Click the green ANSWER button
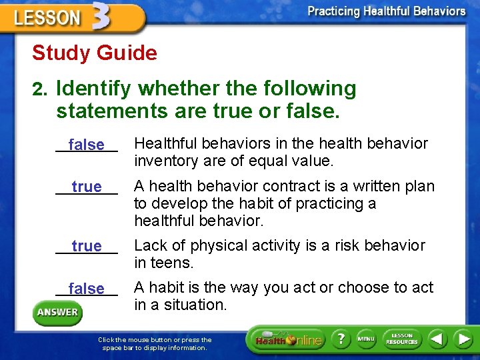click(x=57, y=313)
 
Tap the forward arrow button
click(x=462, y=339)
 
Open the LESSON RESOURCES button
click(x=401, y=339)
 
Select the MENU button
click(x=366, y=339)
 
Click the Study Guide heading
click(x=94, y=53)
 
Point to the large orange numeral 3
click(x=101, y=17)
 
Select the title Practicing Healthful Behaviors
click(x=387, y=11)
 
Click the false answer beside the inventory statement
click(x=87, y=145)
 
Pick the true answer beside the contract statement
click(x=87, y=187)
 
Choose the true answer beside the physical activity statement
click(x=87, y=247)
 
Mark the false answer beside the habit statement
click(x=87, y=289)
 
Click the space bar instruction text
click(x=155, y=343)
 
